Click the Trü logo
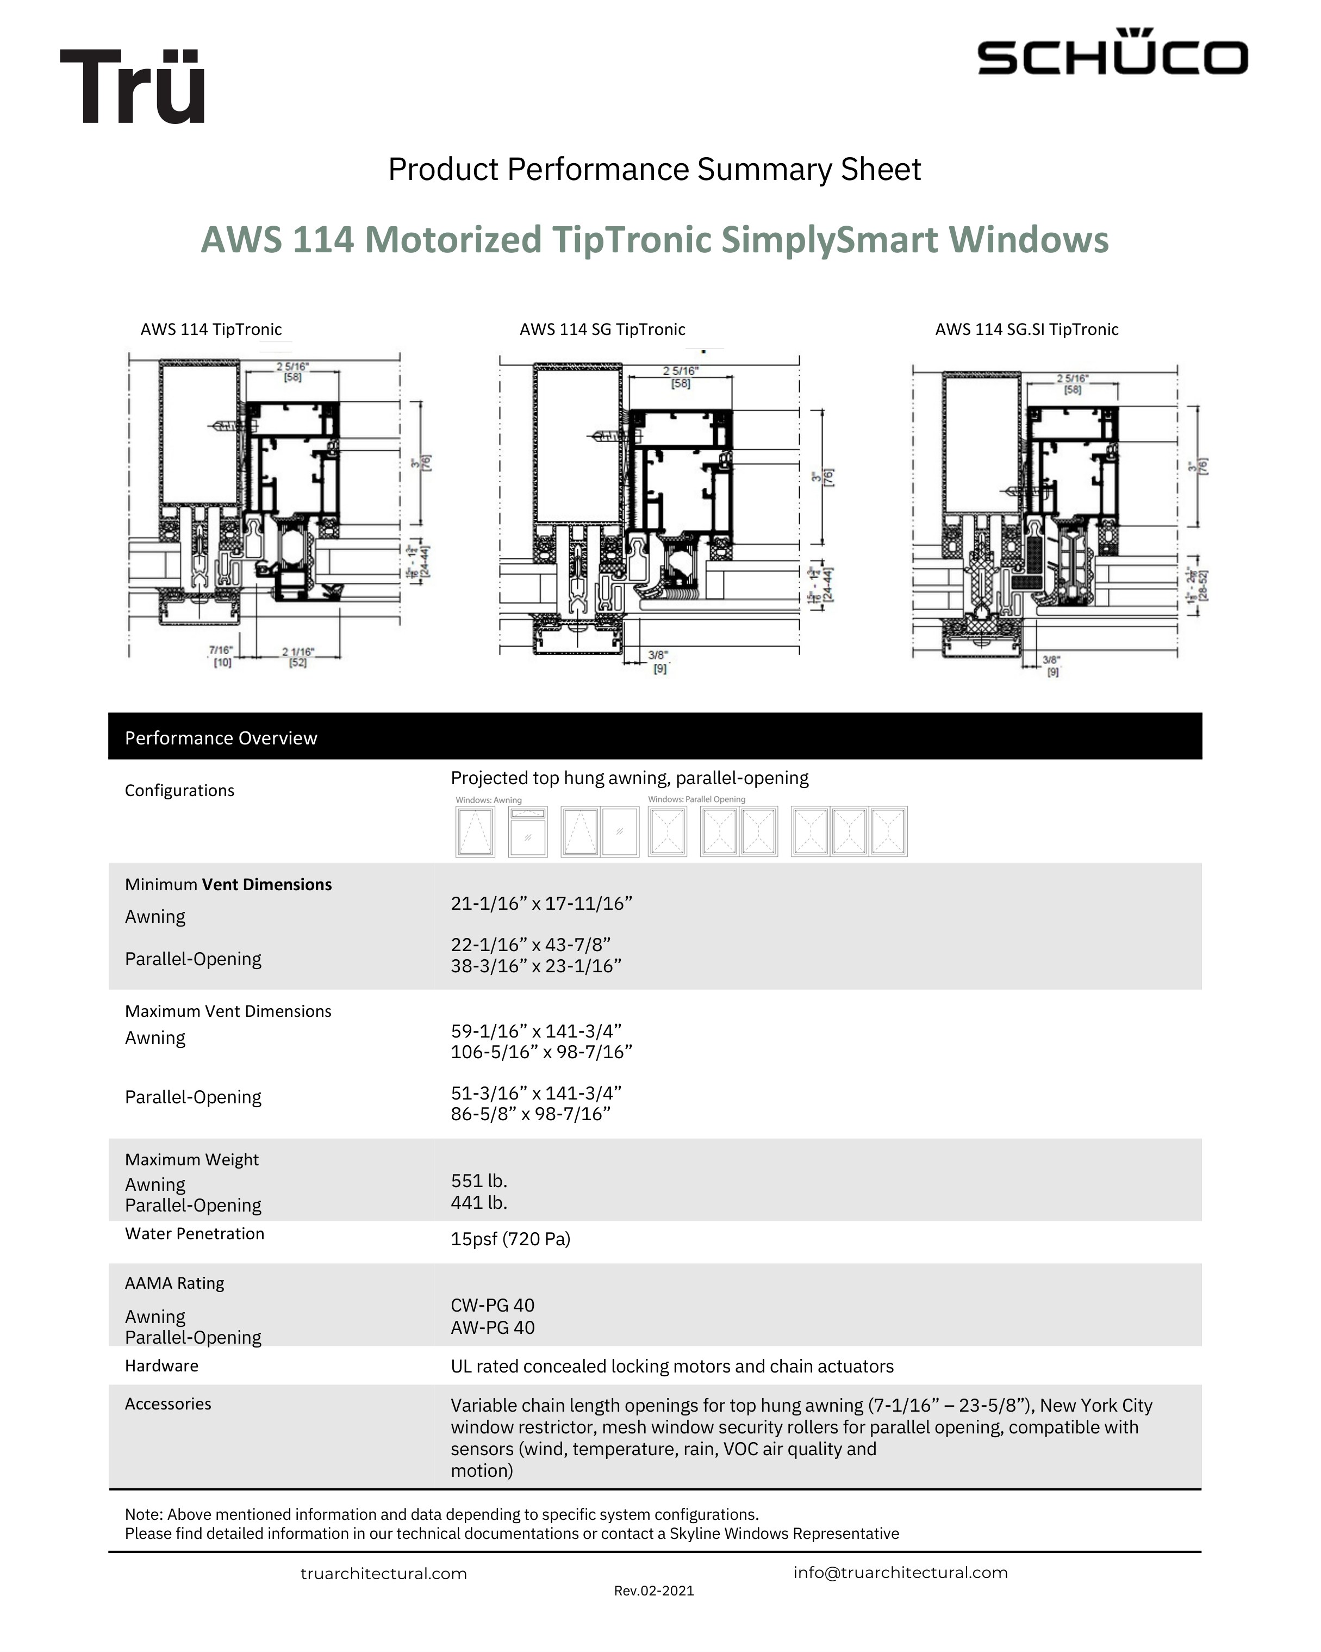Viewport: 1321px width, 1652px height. click(x=133, y=86)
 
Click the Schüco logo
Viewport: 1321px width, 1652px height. click(x=1112, y=54)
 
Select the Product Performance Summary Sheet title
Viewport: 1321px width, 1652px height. click(x=654, y=169)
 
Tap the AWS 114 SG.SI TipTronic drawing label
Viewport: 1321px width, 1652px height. click(x=1026, y=330)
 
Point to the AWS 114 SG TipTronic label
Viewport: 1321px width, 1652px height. click(x=602, y=330)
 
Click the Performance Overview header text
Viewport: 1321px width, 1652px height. click(x=221, y=738)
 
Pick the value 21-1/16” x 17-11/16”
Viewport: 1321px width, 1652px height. click(x=541, y=903)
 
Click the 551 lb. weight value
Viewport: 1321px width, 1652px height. click(x=478, y=1181)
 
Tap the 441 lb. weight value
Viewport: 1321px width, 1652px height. click(x=478, y=1202)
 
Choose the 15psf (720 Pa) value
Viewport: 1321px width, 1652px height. click(x=510, y=1239)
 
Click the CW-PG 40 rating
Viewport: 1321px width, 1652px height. click(x=493, y=1305)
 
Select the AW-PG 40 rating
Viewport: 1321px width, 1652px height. click(x=493, y=1327)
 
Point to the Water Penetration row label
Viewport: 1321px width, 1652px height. click(x=195, y=1234)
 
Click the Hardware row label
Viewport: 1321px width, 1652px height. click(x=161, y=1365)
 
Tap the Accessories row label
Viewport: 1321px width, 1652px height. click(x=168, y=1403)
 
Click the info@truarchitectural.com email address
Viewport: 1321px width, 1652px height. click(x=900, y=1572)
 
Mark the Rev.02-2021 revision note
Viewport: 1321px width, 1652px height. click(x=654, y=1591)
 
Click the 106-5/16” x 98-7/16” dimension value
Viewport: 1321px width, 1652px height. click(x=541, y=1052)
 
